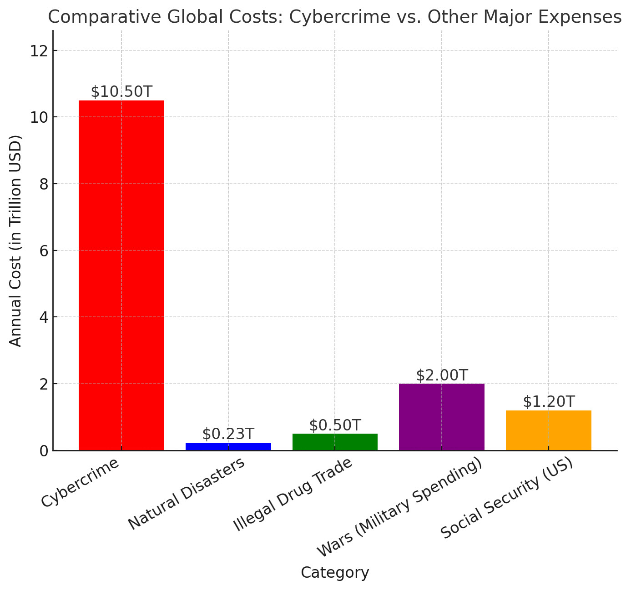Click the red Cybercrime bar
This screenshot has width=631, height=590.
click(121, 275)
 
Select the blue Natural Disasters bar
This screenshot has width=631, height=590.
click(228, 446)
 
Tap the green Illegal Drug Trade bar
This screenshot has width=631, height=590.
click(335, 442)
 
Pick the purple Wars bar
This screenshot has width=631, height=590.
click(441, 417)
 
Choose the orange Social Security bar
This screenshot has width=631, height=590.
click(548, 430)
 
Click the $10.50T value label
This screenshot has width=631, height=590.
click(121, 92)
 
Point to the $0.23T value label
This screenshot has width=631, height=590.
click(228, 434)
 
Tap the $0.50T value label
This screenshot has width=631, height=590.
click(335, 425)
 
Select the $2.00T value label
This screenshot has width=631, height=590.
click(441, 375)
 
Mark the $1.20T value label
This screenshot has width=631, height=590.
click(548, 402)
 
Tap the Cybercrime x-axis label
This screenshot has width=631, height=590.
click(81, 483)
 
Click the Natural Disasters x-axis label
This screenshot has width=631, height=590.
click(187, 494)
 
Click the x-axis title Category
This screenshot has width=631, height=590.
click(335, 573)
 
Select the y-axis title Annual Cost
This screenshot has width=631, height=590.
click(16, 241)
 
